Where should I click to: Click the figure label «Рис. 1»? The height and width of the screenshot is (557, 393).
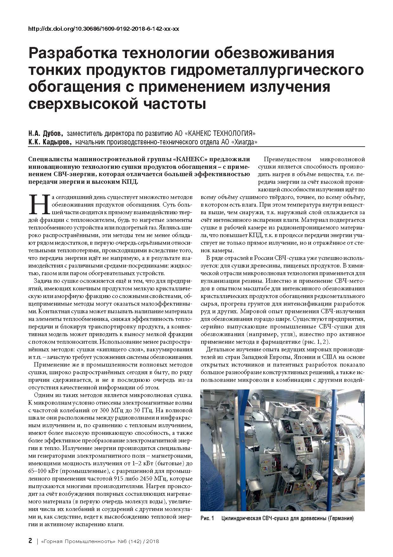(x=208, y=519)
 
